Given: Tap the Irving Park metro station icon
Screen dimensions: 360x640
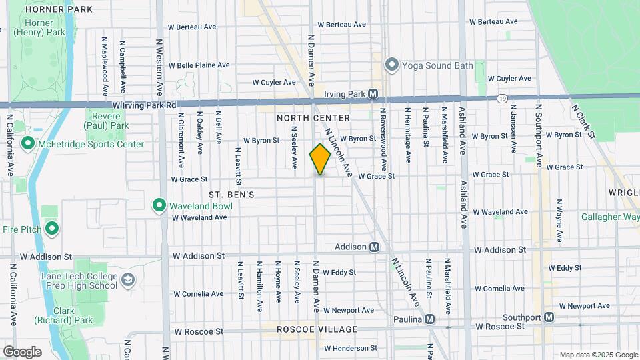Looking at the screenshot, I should point(373,94).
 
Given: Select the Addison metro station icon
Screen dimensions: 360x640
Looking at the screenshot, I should point(375,247).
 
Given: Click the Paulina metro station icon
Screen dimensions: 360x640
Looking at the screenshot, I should point(430,319).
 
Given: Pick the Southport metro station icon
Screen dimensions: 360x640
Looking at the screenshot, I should point(549,317).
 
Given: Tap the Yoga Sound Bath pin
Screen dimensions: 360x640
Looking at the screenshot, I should point(391,65).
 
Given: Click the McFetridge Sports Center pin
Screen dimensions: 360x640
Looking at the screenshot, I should point(28,143).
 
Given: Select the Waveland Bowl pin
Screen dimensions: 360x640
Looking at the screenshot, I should point(159,205).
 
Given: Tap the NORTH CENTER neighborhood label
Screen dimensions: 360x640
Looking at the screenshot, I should point(313,118).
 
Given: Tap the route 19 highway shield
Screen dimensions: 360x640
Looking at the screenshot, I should point(501,98).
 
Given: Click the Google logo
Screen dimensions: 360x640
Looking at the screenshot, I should point(22,351).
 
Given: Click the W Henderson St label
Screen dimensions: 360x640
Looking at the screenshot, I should point(346,348).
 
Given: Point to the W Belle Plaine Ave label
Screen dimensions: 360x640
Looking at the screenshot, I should point(199,65).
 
